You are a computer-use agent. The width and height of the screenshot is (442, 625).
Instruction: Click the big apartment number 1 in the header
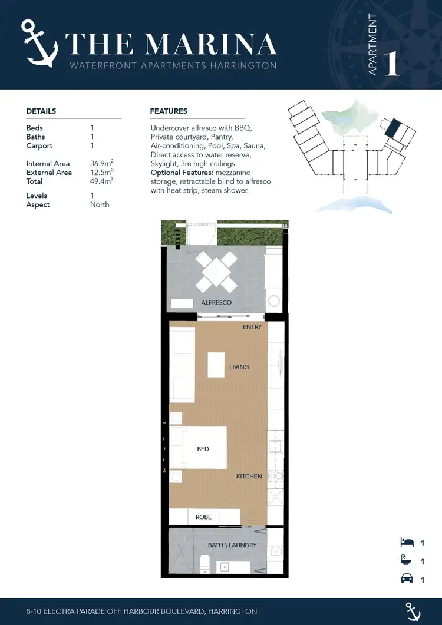392,64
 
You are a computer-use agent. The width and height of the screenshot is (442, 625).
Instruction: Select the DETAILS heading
41,111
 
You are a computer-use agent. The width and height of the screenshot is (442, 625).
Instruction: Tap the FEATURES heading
169,111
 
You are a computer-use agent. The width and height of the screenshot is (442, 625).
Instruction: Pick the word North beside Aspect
100,204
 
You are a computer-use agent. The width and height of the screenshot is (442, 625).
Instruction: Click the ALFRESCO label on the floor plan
216,303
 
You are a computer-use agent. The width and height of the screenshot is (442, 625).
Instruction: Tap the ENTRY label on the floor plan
252,327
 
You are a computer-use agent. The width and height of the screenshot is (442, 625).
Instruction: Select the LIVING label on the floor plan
239,367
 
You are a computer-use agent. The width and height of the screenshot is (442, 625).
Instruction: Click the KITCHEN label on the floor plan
249,476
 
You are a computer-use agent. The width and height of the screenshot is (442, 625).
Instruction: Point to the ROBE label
203,517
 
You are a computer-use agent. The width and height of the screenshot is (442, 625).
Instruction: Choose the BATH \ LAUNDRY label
232,545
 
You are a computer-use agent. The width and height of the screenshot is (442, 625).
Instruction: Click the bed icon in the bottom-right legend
407,543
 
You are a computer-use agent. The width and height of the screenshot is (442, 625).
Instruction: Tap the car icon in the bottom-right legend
407,580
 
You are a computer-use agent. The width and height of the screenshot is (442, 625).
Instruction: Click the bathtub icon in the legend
407,561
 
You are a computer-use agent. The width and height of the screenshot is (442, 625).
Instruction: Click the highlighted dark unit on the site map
393,128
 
